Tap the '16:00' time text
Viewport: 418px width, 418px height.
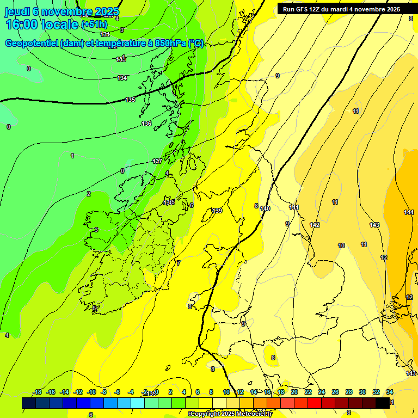23,24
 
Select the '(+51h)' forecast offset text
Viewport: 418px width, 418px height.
94,24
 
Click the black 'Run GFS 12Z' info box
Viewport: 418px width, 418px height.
341,9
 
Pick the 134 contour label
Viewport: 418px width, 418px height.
122,78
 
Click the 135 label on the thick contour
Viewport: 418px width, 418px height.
130,100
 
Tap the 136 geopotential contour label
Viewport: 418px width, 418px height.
146,124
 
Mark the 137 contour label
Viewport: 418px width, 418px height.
157,161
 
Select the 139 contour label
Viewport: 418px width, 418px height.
217,211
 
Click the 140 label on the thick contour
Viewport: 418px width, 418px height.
265,208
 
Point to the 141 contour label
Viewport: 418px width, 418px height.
294,207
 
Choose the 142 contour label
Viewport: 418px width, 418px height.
315,225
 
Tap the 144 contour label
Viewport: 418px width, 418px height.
409,212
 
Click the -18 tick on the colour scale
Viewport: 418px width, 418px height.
38,392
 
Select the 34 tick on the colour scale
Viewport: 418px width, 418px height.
390,392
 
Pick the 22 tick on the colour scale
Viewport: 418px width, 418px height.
308,392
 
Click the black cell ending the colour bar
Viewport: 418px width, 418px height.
383,403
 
